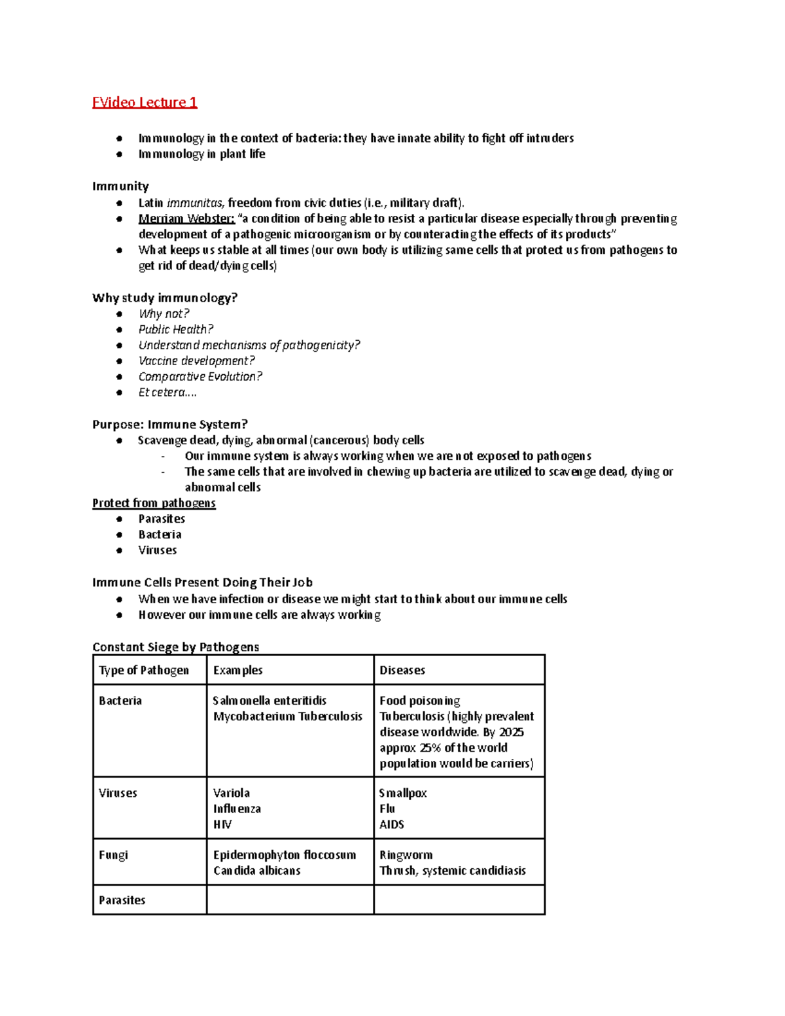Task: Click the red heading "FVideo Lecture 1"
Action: tap(145, 102)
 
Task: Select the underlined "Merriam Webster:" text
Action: tap(186, 219)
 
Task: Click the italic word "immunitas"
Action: tap(195, 203)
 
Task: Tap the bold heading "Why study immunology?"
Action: tap(165, 298)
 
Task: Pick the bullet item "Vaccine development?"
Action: tap(196, 360)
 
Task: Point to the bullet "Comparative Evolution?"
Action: tap(200, 376)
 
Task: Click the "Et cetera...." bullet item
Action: tap(167, 392)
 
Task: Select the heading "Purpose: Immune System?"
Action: tap(170, 424)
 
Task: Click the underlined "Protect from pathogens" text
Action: tap(154, 502)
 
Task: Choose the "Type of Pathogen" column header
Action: tap(144, 670)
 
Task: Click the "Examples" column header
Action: tap(238, 670)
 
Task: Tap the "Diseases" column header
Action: tap(402, 670)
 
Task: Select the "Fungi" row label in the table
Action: tap(113, 854)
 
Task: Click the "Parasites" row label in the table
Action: tap(122, 900)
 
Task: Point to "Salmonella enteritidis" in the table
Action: tap(270, 700)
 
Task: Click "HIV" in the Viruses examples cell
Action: tap(222, 824)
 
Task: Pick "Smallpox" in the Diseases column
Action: tap(403, 793)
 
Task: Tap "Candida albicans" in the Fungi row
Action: tap(257, 870)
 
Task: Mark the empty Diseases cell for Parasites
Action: tap(459, 900)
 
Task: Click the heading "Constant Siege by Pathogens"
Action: tap(176, 646)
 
